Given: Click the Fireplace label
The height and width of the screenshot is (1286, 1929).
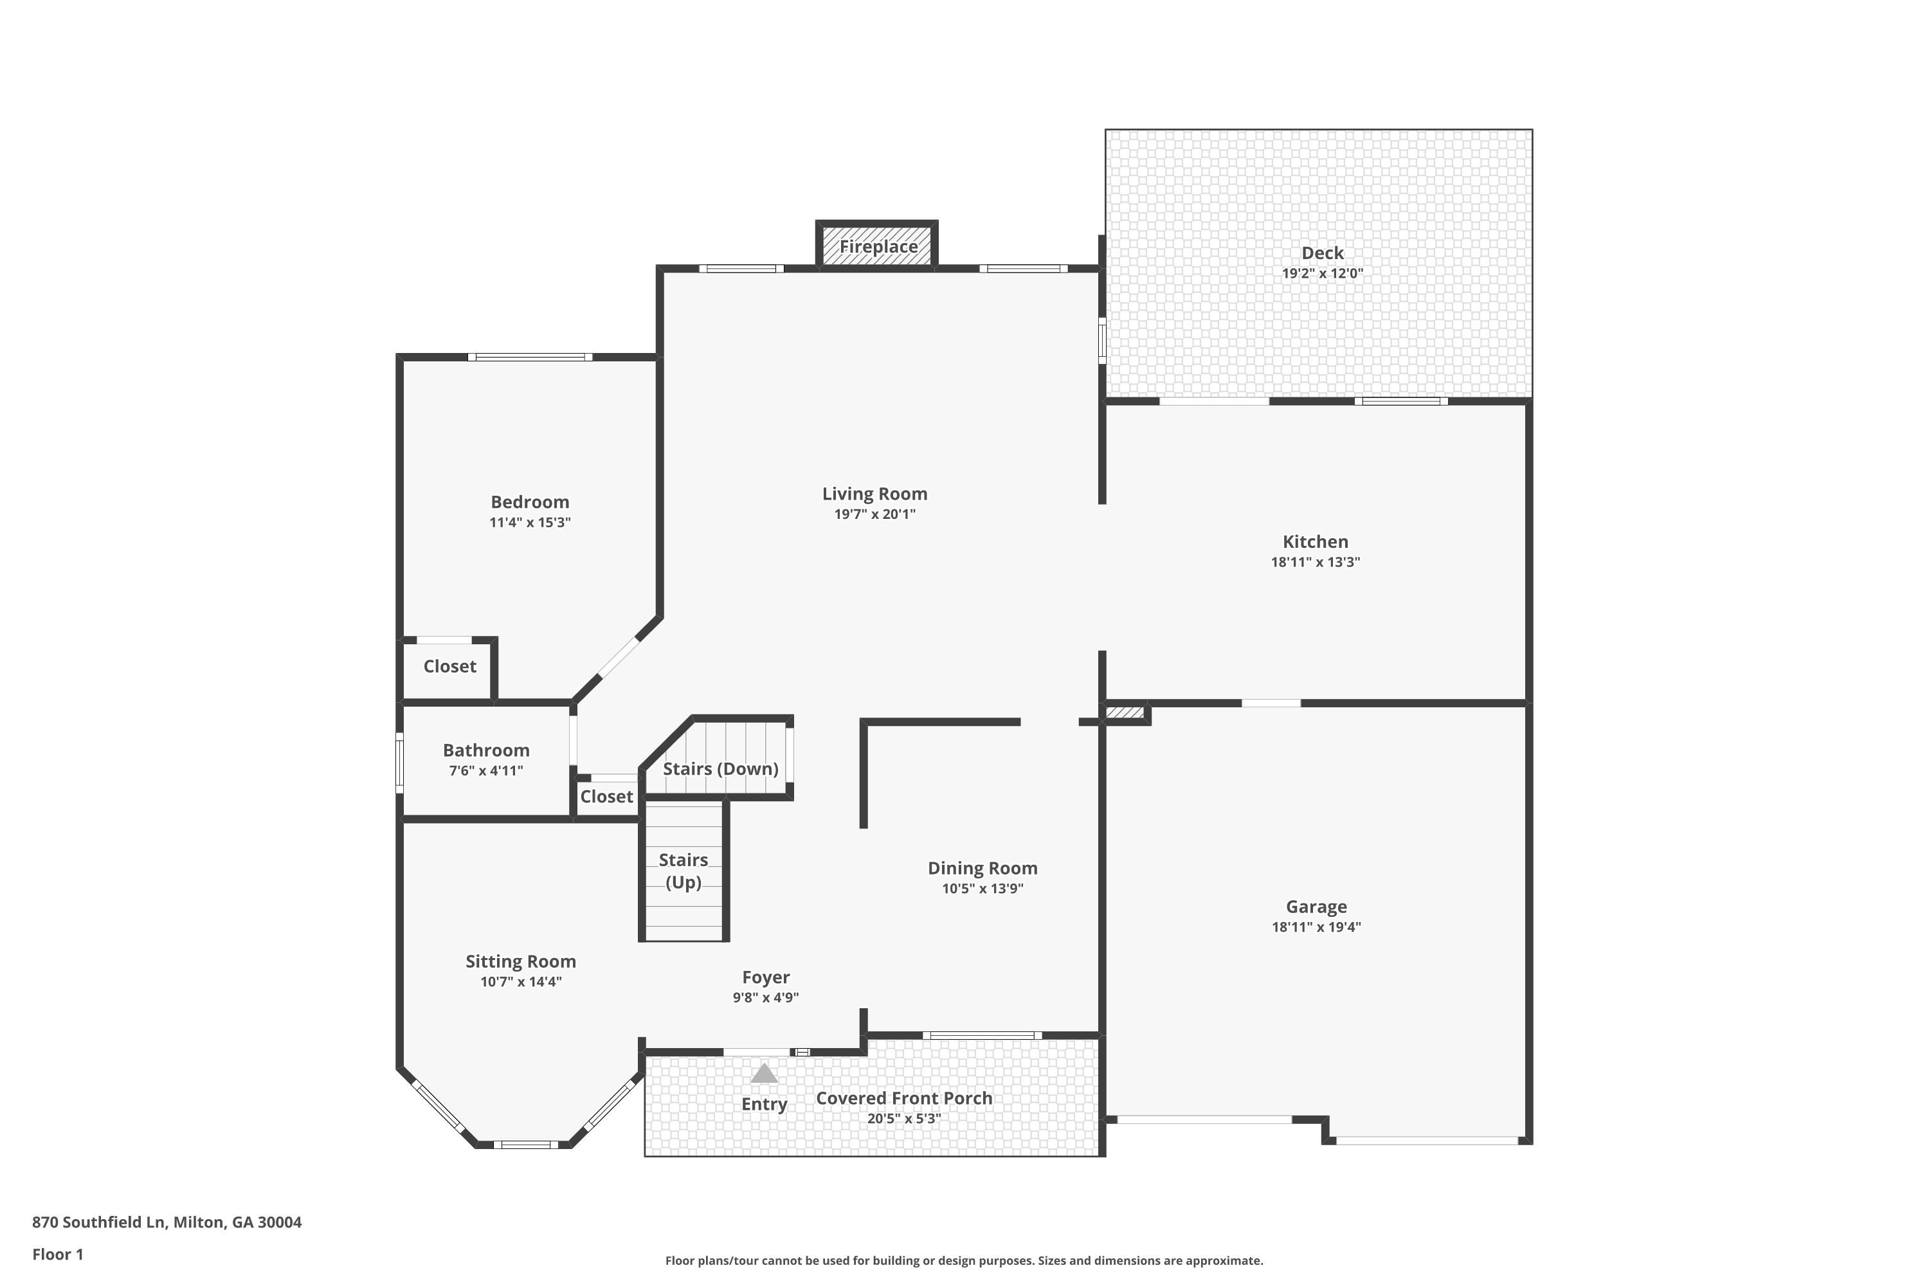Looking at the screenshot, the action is coord(878,246).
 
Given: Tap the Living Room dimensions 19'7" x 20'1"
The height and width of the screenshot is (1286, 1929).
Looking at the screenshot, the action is coord(875,514).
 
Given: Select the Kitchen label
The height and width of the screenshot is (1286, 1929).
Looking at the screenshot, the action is coord(1316,541).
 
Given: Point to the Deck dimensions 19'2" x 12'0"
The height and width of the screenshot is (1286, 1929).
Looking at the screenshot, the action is coord(1323,273).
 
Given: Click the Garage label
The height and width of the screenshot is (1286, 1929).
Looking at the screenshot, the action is coord(1316,906).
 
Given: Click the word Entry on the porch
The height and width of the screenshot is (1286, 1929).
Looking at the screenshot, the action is coord(765,1104).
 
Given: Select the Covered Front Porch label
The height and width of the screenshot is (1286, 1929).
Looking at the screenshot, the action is coord(904,1098).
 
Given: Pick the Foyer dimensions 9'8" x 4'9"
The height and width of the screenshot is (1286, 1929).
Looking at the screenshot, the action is coord(766,997).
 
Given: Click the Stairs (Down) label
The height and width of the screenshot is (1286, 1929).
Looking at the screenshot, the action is coord(721,768).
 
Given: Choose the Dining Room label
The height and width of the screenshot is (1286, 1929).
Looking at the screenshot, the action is coord(983,867).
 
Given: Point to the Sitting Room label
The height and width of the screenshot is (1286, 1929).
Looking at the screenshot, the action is coord(521,961).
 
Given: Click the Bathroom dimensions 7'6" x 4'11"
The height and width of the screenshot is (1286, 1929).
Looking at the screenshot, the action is coord(486,770).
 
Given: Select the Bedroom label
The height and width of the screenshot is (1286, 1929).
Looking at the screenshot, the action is coord(530,502).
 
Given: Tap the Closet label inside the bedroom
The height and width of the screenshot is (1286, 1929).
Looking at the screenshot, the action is coord(449,666).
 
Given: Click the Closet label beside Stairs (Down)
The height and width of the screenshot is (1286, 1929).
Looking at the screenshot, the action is coord(607,797).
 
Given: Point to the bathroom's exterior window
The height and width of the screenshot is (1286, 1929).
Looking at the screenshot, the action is coord(400,763).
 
